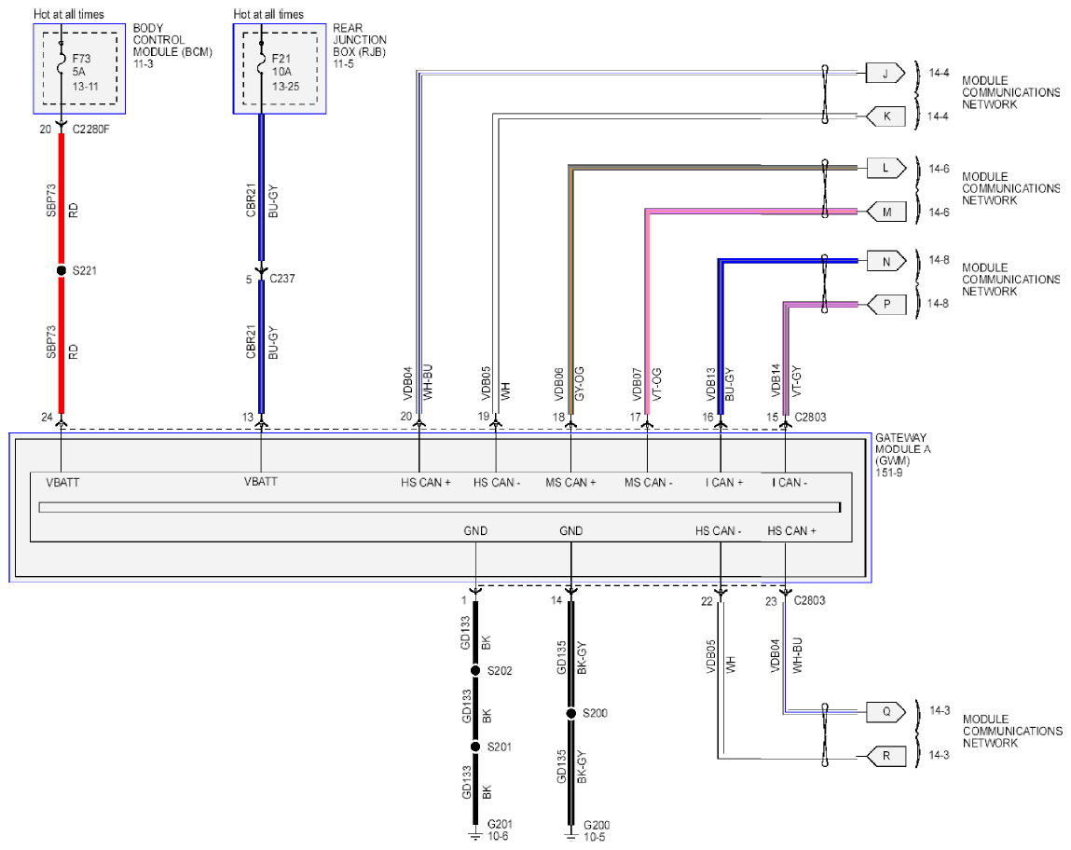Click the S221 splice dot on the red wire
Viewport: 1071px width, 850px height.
click(62, 270)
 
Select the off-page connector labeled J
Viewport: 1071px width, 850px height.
click(886, 73)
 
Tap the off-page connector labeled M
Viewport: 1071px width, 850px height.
click(886, 212)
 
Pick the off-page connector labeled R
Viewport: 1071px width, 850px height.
click(886, 756)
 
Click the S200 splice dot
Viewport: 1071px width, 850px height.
click(571, 713)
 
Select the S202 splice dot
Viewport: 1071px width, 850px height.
click(475, 670)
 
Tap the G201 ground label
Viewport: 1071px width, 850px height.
click(500, 824)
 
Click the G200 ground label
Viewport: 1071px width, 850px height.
click(597, 825)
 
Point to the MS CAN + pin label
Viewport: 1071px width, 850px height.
click(570, 483)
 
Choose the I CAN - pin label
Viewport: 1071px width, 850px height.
click(790, 483)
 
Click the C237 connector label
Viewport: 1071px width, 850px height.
click(282, 279)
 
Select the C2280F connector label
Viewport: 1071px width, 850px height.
click(90, 129)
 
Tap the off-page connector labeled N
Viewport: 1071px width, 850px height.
click(886, 261)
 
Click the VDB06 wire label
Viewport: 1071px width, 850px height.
click(558, 384)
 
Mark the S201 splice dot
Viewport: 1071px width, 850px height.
click(475, 747)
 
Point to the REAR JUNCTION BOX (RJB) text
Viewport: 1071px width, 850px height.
click(359, 39)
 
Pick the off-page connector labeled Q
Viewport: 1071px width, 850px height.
click(886, 712)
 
